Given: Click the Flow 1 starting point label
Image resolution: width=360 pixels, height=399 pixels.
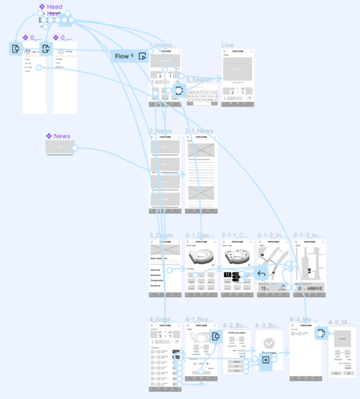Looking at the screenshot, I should click(x=124, y=56).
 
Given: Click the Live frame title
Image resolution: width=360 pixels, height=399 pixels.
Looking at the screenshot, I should click(x=227, y=45).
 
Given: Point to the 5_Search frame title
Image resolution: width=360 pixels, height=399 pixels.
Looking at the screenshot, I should click(x=199, y=80).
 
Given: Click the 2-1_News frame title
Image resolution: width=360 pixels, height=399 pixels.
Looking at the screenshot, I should click(x=200, y=131).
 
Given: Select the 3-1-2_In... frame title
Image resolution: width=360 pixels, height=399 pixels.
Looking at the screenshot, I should click(x=273, y=235).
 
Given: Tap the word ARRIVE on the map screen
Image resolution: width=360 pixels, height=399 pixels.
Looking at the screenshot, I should click(x=315, y=289).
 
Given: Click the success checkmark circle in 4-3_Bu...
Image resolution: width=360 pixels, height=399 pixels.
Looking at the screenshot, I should click(x=269, y=343).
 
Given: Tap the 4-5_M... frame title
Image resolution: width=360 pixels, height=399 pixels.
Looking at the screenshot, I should click(x=340, y=322).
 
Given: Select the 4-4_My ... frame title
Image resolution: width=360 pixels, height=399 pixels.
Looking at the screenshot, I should click(x=304, y=319).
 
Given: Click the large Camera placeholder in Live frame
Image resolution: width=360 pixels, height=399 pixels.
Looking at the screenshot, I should click(x=238, y=69).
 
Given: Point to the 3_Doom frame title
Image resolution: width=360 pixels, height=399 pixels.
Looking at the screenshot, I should click(x=161, y=235).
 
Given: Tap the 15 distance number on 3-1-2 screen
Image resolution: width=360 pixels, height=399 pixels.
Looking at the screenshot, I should click(x=264, y=289).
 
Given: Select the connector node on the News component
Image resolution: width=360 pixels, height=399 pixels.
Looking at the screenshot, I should click(x=74, y=148).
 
